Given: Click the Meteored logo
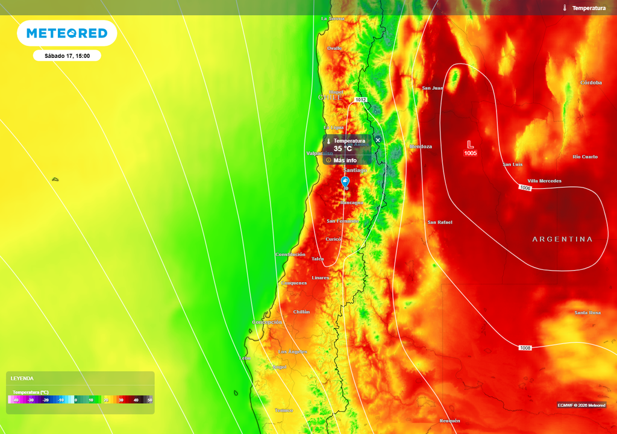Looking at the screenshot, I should click(x=67, y=33).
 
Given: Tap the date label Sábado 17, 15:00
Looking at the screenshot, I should click(x=67, y=56).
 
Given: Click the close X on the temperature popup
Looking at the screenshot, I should click(x=378, y=140).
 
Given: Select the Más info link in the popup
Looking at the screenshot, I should click(x=345, y=160).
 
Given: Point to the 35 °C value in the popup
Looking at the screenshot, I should click(x=343, y=149).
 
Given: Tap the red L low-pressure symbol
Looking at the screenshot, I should click(x=471, y=144).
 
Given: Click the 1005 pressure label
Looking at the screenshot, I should click(x=471, y=154).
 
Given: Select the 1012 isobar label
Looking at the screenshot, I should click(x=360, y=99).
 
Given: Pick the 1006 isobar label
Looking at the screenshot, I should click(x=525, y=188).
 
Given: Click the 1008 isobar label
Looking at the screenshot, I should click(x=525, y=348).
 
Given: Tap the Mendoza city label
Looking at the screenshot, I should click(x=421, y=146).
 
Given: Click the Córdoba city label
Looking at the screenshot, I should click(x=590, y=83).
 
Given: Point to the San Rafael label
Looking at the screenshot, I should click(x=440, y=222).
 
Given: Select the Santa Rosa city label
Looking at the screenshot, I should click(x=587, y=313).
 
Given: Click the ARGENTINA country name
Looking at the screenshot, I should click(x=562, y=239).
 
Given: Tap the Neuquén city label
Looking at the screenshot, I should click(x=449, y=421).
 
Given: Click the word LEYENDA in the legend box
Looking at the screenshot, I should click(x=22, y=379).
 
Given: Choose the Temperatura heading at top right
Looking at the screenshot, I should click(x=589, y=8).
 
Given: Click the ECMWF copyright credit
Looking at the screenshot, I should click(x=581, y=405).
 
